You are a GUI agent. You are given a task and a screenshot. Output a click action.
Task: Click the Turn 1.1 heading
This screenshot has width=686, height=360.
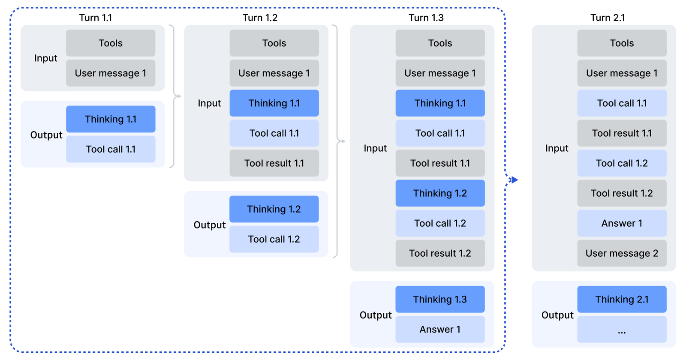point(95,18)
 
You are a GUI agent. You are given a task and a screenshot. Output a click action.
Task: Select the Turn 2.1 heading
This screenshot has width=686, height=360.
point(607,18)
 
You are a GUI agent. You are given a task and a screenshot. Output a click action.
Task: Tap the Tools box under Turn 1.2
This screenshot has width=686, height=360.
point(274,43)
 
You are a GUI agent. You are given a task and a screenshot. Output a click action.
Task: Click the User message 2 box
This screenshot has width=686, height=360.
point(622,253)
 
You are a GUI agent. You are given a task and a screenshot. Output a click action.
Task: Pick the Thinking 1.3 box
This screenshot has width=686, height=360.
point(440,299)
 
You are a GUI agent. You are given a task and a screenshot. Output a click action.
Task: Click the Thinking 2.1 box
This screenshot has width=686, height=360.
point(622,299)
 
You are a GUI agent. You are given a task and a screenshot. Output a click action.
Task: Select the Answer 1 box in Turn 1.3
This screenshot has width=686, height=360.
point(440,329)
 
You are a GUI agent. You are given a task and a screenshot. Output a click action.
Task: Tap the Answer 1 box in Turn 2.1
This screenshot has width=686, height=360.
point(622,223)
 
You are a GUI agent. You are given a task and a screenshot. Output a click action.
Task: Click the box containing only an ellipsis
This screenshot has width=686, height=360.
point(622,329)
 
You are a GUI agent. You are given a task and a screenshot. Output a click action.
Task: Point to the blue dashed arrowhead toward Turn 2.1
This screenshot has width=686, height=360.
point(514,180)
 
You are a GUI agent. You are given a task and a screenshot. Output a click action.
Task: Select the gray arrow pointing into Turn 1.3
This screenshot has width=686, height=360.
point(342,141)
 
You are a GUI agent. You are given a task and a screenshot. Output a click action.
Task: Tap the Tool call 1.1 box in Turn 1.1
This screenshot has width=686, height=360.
point(111,149)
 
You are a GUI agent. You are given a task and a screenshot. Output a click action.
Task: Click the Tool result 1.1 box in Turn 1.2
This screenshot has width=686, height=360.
point(274,163)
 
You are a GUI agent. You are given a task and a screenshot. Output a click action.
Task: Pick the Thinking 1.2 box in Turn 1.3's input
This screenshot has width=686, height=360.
point(440,193)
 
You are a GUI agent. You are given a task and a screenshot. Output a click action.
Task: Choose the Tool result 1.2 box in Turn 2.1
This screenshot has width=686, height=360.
point(622,193)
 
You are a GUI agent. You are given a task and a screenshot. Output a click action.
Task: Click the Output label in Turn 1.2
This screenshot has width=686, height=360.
point(209,225)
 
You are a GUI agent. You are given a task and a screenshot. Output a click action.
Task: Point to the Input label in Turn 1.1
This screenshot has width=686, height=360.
point(45,58)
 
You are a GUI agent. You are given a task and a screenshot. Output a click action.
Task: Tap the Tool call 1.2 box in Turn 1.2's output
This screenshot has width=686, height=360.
point(274,239)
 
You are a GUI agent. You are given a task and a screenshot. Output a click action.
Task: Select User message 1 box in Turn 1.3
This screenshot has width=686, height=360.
point(440,73)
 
